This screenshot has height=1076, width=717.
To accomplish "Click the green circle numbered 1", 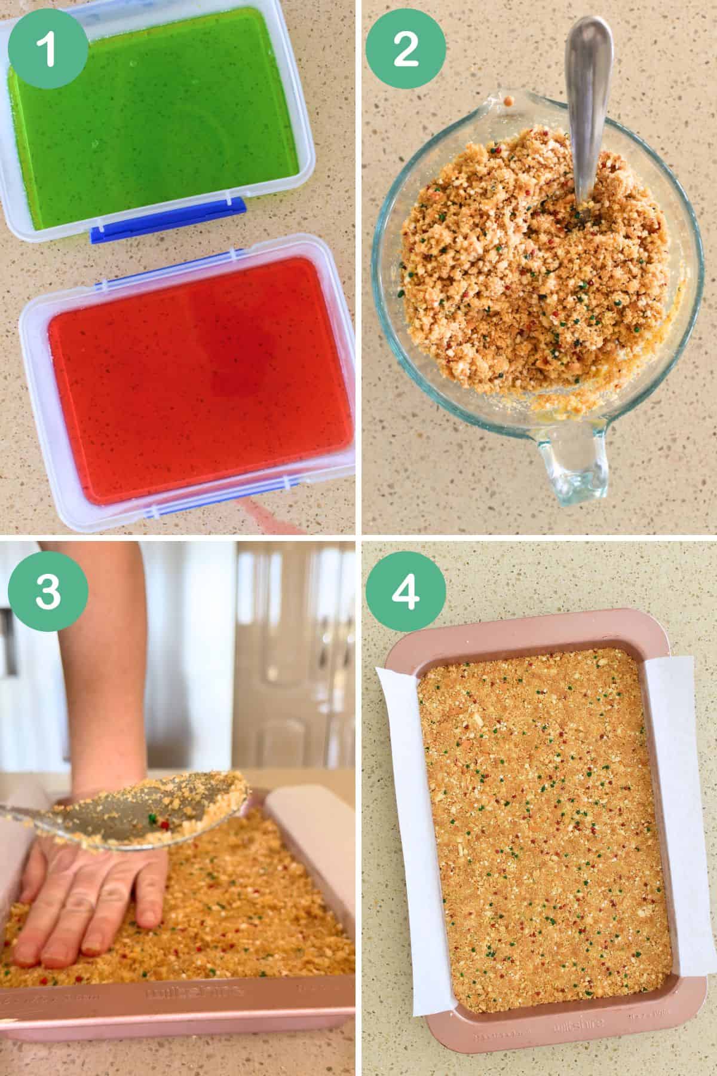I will click(x=47, y=48).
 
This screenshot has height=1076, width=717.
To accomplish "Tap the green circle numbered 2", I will click(x=406, y=48).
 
